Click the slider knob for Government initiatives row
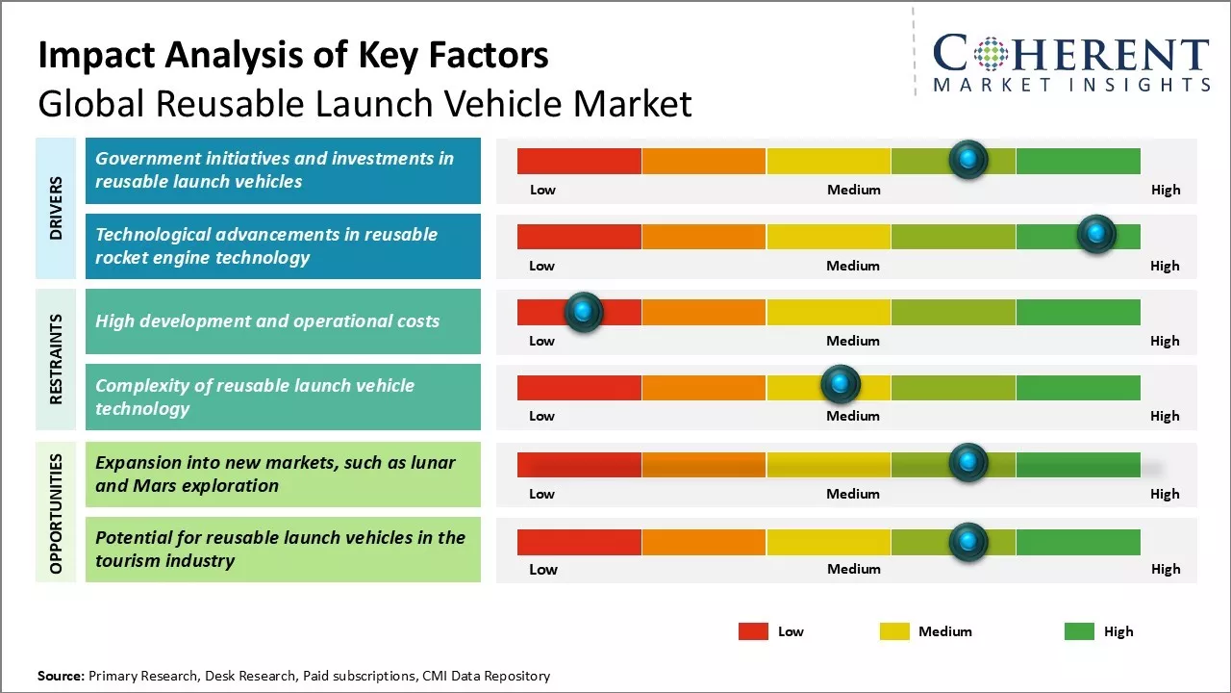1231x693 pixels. tap(968, 159)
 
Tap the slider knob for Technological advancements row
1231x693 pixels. tap(1095, 234)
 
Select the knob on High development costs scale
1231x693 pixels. tap(583, 311)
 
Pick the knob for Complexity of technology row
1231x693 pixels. tap(841, 385)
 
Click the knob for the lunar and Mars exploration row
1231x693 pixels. tap(967, 463)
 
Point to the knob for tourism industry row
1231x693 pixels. tap(967, 542)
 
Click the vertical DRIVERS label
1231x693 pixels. tap(56, 207)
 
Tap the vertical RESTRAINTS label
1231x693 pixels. tap(56, 358)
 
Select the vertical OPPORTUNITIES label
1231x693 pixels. tap(56, 514)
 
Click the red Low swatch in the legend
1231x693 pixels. tap(753, 631)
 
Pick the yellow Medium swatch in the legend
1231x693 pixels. tap(894, 631)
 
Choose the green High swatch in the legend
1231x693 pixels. tap(1079, 631)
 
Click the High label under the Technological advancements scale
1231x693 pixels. tap(1165, 266)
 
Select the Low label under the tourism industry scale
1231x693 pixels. tap(543, 569)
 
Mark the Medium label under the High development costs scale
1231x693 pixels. tap(853, 341)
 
